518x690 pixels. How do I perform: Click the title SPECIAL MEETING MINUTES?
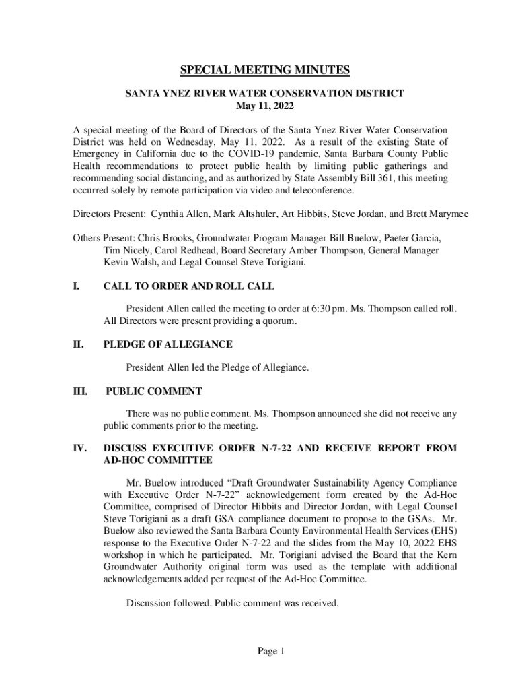tap(264, 71)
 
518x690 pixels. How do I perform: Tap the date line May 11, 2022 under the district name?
tap(264, 106)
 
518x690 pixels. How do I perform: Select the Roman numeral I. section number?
tap(77, 286)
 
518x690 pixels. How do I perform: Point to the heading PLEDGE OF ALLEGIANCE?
tap(168, 344)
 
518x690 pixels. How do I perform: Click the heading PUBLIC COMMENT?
tap(154, 391)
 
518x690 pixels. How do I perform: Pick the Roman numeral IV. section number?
tap(79, 448)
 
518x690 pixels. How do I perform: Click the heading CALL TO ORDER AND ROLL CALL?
tap(188, 286)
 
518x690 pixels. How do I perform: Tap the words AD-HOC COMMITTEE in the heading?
tap(157, 460)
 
